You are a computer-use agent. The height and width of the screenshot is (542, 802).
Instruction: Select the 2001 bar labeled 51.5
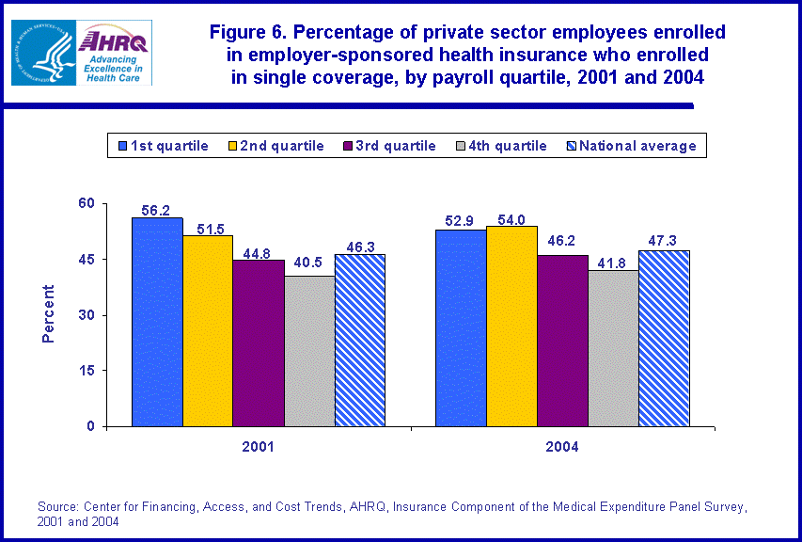[x=208, y=330]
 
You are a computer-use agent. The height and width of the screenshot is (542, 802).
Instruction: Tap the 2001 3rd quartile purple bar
[x=259, y=343]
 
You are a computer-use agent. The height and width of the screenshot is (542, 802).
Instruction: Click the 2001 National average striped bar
[x=360, y=340]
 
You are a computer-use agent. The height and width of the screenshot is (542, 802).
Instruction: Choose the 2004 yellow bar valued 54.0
[x=511, y=326]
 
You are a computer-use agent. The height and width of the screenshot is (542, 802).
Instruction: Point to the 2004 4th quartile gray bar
[x=613, y=348]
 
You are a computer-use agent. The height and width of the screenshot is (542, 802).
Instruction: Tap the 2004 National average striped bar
[x=664, y=338]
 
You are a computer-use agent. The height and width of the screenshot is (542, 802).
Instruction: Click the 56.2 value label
[x=157, y=211]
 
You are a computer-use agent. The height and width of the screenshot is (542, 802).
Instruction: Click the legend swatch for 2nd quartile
[x=230, y=146]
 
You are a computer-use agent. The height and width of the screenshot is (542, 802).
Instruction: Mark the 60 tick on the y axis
[x=86, y=203]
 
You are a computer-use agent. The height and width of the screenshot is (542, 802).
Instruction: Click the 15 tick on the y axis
[x=86, y=371]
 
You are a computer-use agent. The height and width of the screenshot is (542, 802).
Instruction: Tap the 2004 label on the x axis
[x=562, y=447]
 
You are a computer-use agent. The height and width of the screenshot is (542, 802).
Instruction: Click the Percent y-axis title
[x=48, y=314]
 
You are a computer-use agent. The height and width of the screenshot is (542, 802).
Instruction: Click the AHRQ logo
[x=115, y=53]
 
